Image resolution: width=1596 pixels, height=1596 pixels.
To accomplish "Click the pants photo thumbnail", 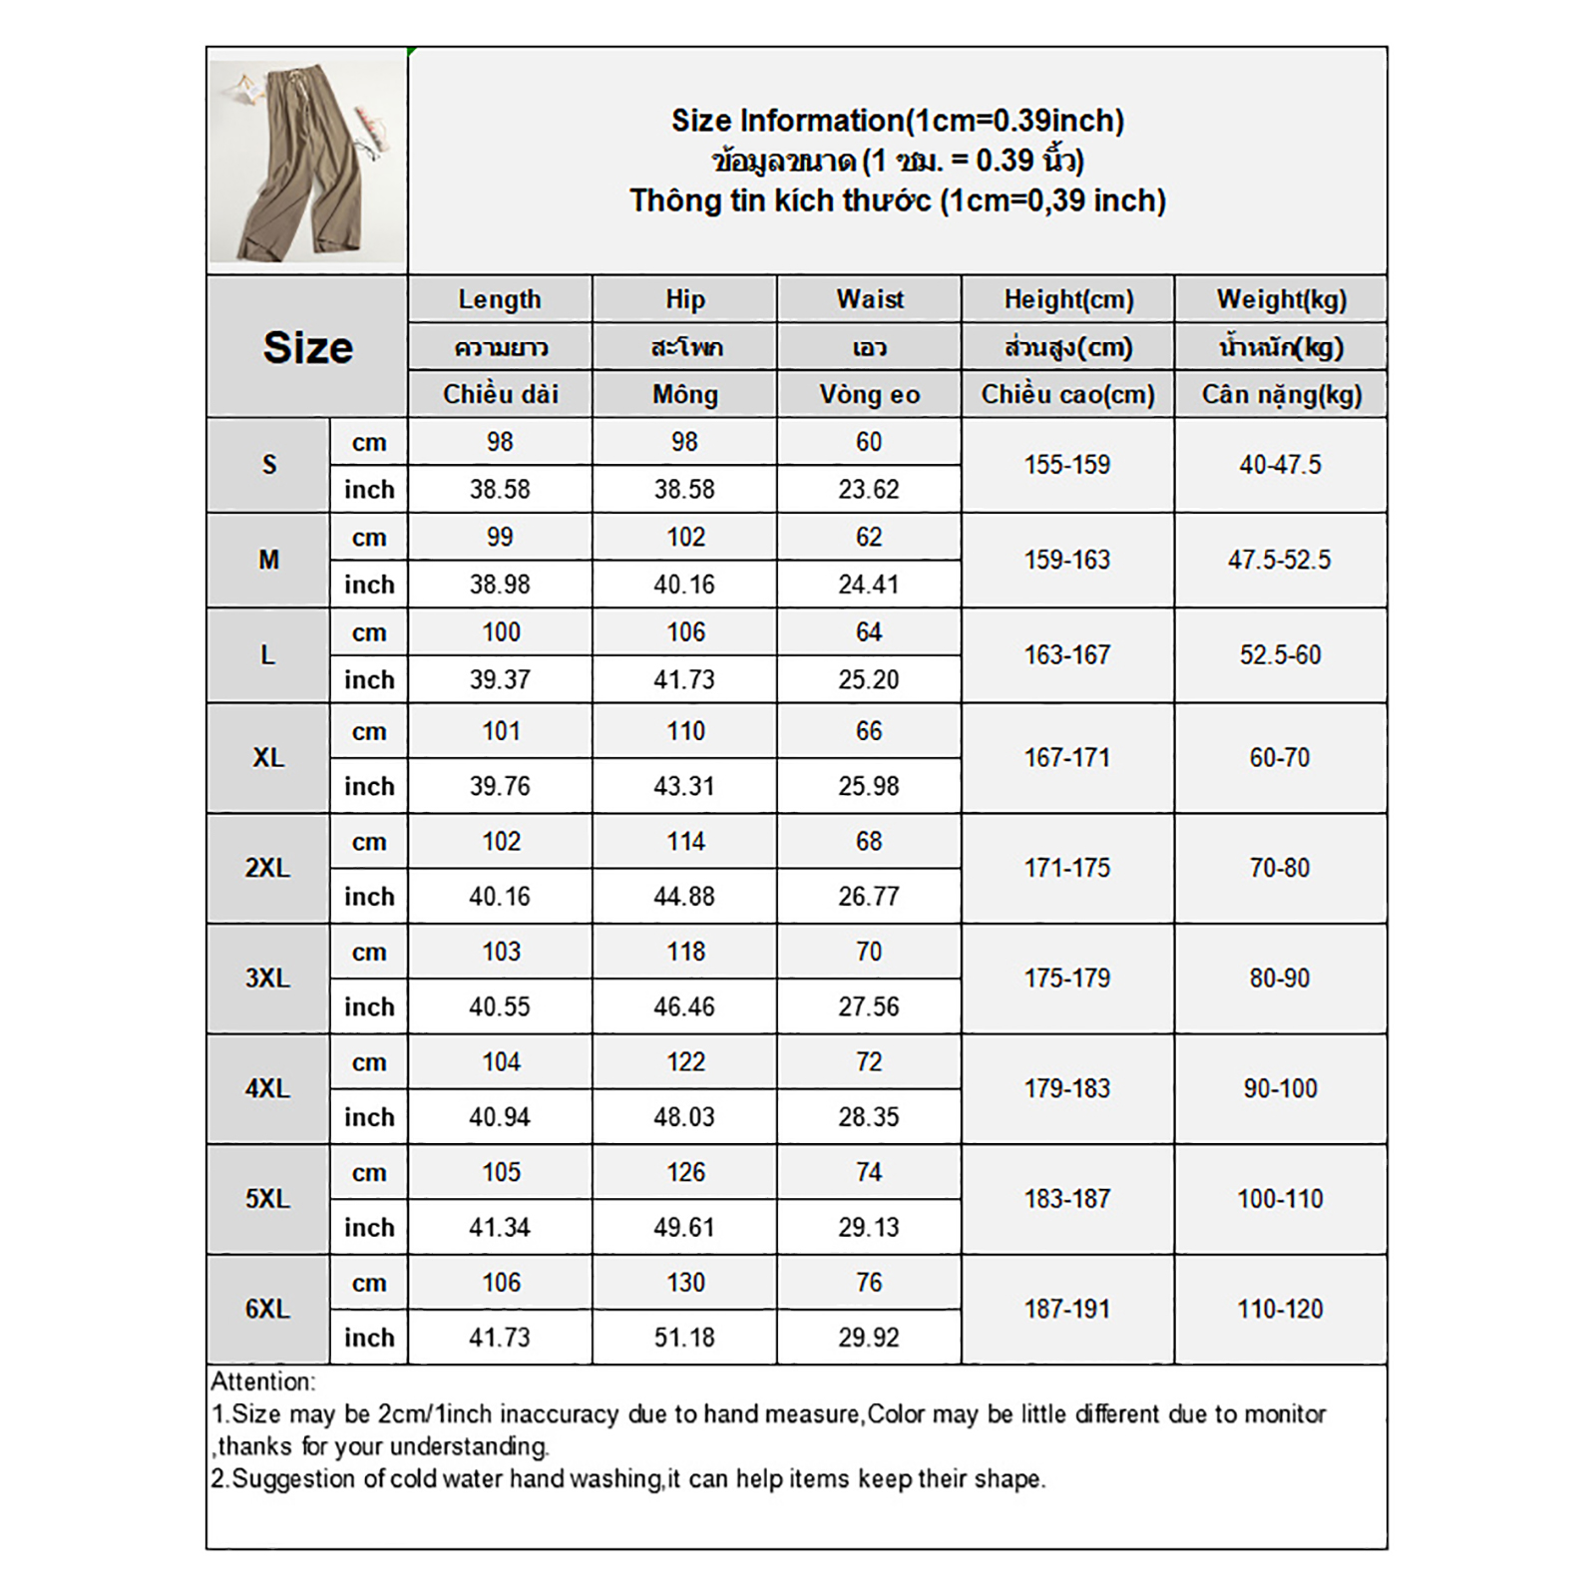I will point(306,161).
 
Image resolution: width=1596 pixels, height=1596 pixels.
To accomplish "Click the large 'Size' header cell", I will point(307,347).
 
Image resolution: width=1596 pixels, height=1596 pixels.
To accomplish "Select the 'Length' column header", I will point(500,299).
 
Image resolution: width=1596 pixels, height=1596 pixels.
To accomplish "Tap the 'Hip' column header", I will point(685,299).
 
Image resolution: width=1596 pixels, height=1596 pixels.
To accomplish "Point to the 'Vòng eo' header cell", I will point(869,395).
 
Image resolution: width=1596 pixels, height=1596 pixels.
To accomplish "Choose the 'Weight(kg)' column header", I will point(1281,299).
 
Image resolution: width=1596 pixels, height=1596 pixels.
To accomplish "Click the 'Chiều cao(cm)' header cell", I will point(1067,395).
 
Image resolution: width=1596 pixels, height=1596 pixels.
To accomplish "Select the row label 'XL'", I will point(268,758).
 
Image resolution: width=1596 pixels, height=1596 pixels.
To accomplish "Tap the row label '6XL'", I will point(267,1309).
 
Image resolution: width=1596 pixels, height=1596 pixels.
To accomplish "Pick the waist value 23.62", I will point(869,490).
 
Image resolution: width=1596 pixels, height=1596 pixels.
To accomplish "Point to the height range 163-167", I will point(1067,655).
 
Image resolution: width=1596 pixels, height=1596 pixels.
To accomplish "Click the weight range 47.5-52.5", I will point(1280,560).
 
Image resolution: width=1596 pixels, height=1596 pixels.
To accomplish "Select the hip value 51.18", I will point(684,1338).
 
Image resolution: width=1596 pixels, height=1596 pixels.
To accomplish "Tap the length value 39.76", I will point(500,786).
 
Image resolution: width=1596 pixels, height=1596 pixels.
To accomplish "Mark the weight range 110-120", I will point(1280,1309).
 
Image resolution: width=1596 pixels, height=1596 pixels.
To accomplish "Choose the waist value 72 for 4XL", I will point(869,1062).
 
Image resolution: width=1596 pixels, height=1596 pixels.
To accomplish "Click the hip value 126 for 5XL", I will point(685,1172).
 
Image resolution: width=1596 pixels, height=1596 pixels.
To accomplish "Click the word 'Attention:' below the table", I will point(262,1382).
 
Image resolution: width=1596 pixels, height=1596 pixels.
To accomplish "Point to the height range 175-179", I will point(1067,979).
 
